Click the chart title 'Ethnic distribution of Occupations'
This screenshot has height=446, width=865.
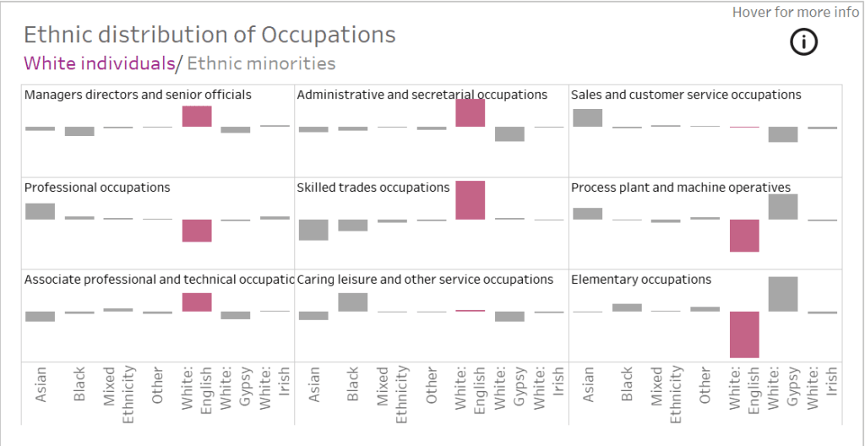coord(209,35)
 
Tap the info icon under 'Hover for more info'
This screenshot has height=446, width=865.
coord(803,41)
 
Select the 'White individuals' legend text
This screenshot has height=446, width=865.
coord(99,63)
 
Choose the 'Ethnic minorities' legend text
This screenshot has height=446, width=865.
coord(261,63)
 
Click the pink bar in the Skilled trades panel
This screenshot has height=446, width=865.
coord(470,200)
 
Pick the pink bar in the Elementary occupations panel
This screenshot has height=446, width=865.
coord(744,334)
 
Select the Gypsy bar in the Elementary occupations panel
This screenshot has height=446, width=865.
coord(783,294)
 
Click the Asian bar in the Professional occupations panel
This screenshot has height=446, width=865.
coord(40,211)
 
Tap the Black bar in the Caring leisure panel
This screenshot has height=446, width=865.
coord(353,302)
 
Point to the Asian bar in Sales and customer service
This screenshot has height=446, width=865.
coord(587,117)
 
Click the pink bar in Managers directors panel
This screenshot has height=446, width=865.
coord(197,116)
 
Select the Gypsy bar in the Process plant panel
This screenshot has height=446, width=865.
coord(783,207)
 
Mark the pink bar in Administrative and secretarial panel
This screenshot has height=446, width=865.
coord(470,113)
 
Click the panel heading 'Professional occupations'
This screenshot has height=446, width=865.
coord(97,188)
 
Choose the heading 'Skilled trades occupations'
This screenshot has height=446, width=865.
coord(373,188)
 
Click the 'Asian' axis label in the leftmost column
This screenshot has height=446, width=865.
coord(40,383)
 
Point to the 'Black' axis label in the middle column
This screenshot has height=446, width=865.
coord(353,383)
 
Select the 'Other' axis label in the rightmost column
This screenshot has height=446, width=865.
coord(705,383)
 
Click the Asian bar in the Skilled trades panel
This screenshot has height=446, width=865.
coord(313,230)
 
